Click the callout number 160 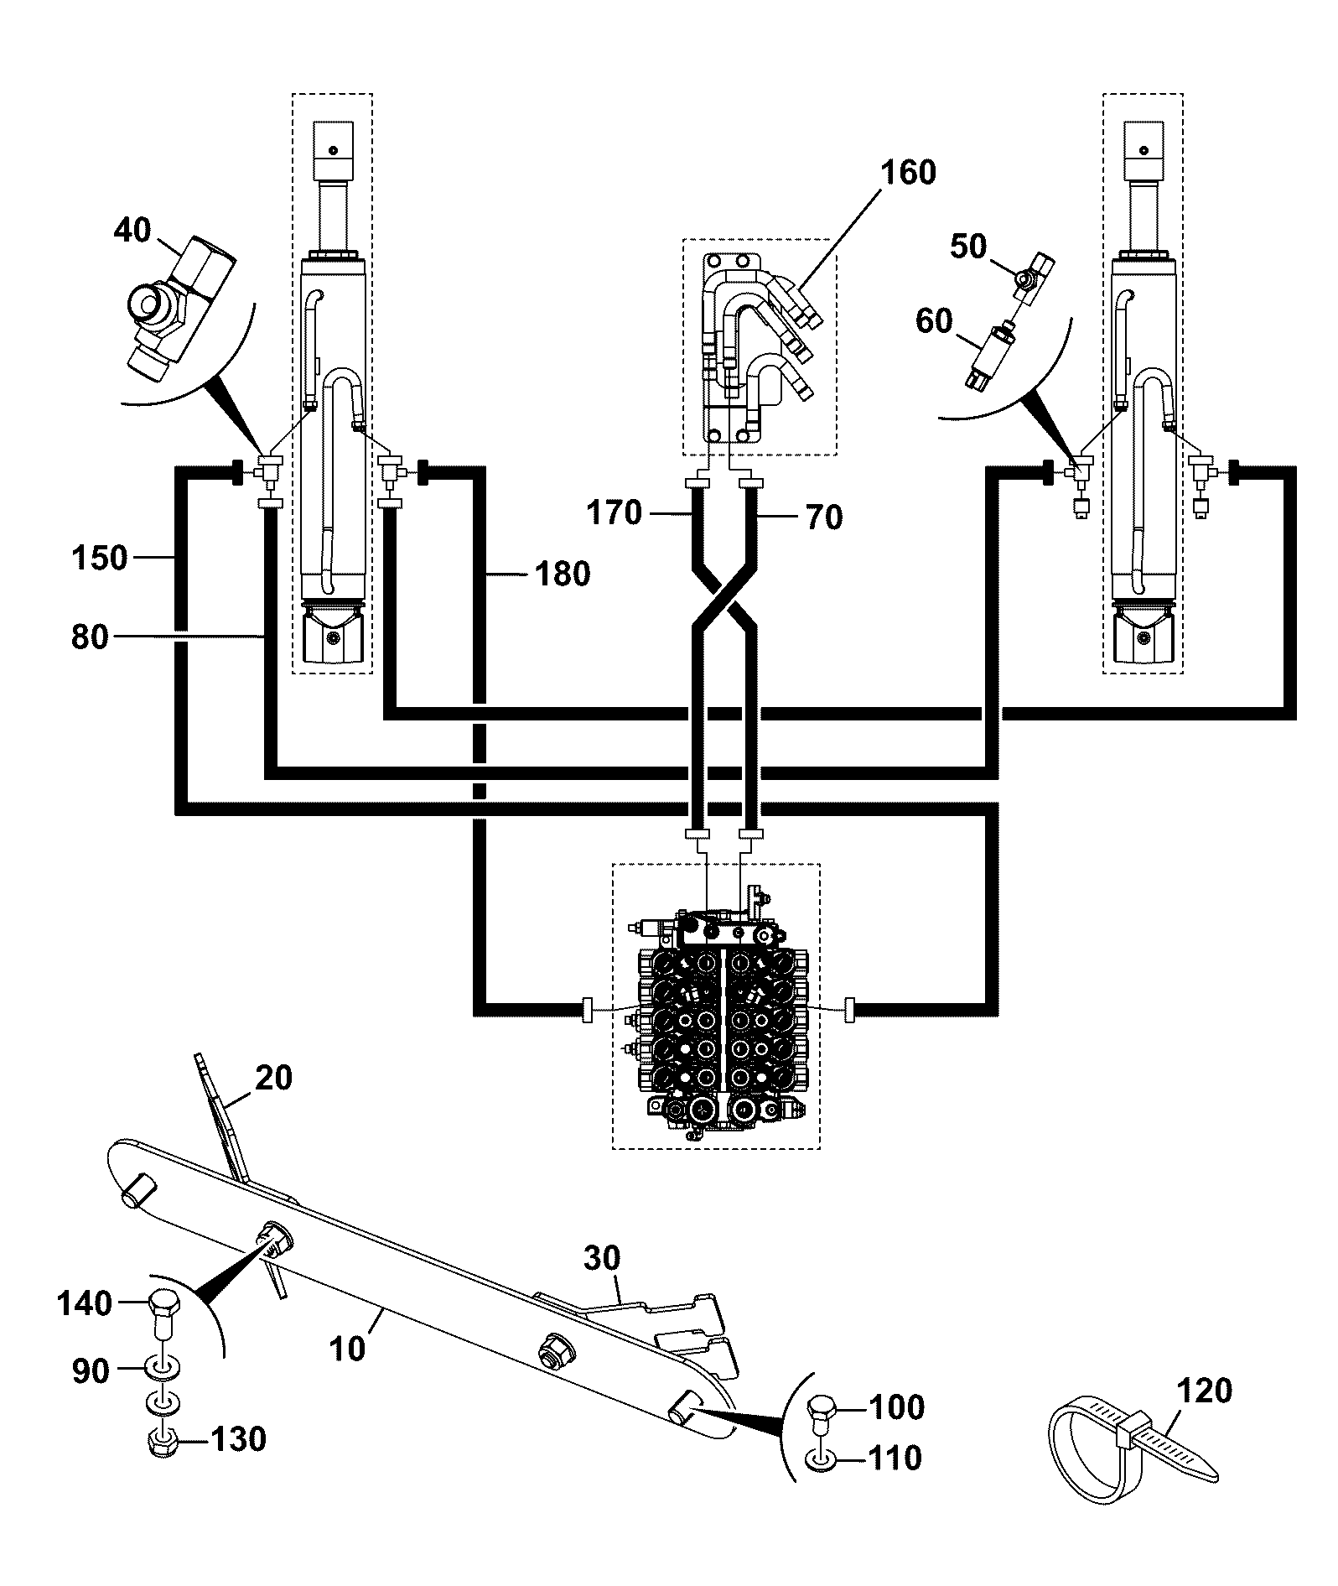click(x=908, y=173)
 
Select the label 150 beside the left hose click(x=100, y=558)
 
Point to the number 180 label click(x=563, y=575)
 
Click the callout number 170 click(x=615, y=512)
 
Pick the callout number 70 click(x=823, y=517)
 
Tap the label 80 click(x=90, y=637)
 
